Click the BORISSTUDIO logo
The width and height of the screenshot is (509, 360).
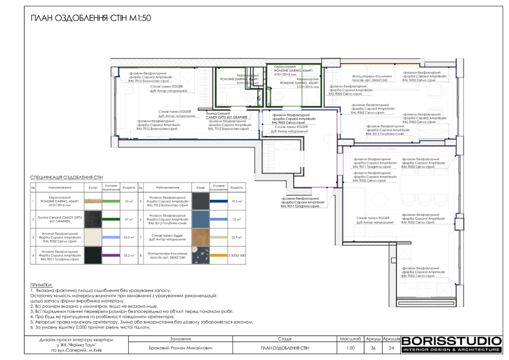point(451,342)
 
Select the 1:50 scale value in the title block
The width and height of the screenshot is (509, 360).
point(351,348)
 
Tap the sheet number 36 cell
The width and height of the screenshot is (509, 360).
point(373,348)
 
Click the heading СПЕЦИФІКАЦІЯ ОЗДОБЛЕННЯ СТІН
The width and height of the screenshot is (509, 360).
point(66,177)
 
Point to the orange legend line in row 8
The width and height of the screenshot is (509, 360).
point(219,256)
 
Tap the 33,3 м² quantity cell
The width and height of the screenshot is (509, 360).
point(129,238)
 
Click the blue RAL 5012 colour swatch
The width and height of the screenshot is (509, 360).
point(201,219)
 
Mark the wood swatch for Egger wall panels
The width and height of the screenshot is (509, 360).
point(201,238)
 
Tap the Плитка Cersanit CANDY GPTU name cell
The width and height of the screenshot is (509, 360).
point(55,219)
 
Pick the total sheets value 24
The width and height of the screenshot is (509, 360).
point(391,348)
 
